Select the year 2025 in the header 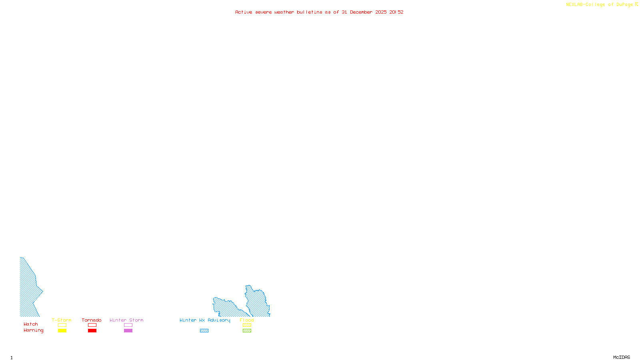(381, 12)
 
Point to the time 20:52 (396, 12)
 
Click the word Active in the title (244, 12)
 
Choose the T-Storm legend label (62, 320)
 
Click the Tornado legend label (92, 320)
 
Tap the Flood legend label (247, 320)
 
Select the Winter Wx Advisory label (205, 320)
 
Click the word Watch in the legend (31, 324)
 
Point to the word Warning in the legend (33, 330)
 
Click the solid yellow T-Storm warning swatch (62, 331)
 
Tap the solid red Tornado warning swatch (92, 331)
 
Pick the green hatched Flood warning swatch (247, 331)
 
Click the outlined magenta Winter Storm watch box (128, 325)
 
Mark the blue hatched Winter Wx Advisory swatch (204, 331)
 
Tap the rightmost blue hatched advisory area (257, 302)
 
